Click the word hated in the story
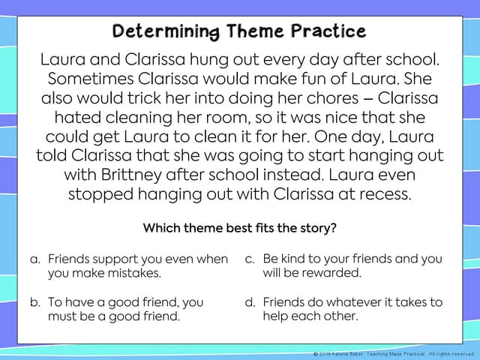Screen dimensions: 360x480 [x=74, y=118]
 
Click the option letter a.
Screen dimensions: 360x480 [x=34, y=259]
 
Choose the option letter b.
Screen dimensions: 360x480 [x=34, y=303]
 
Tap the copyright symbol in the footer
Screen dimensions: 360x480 [x=316, y=354]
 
